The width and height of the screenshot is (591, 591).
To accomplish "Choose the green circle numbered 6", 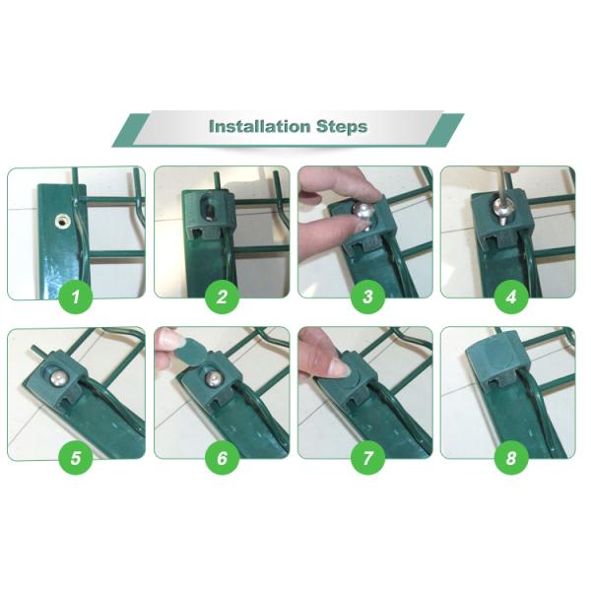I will tap(223, 457).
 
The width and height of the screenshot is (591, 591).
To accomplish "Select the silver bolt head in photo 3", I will tap(362, 214).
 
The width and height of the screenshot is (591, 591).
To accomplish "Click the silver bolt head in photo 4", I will tap(503, 214).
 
